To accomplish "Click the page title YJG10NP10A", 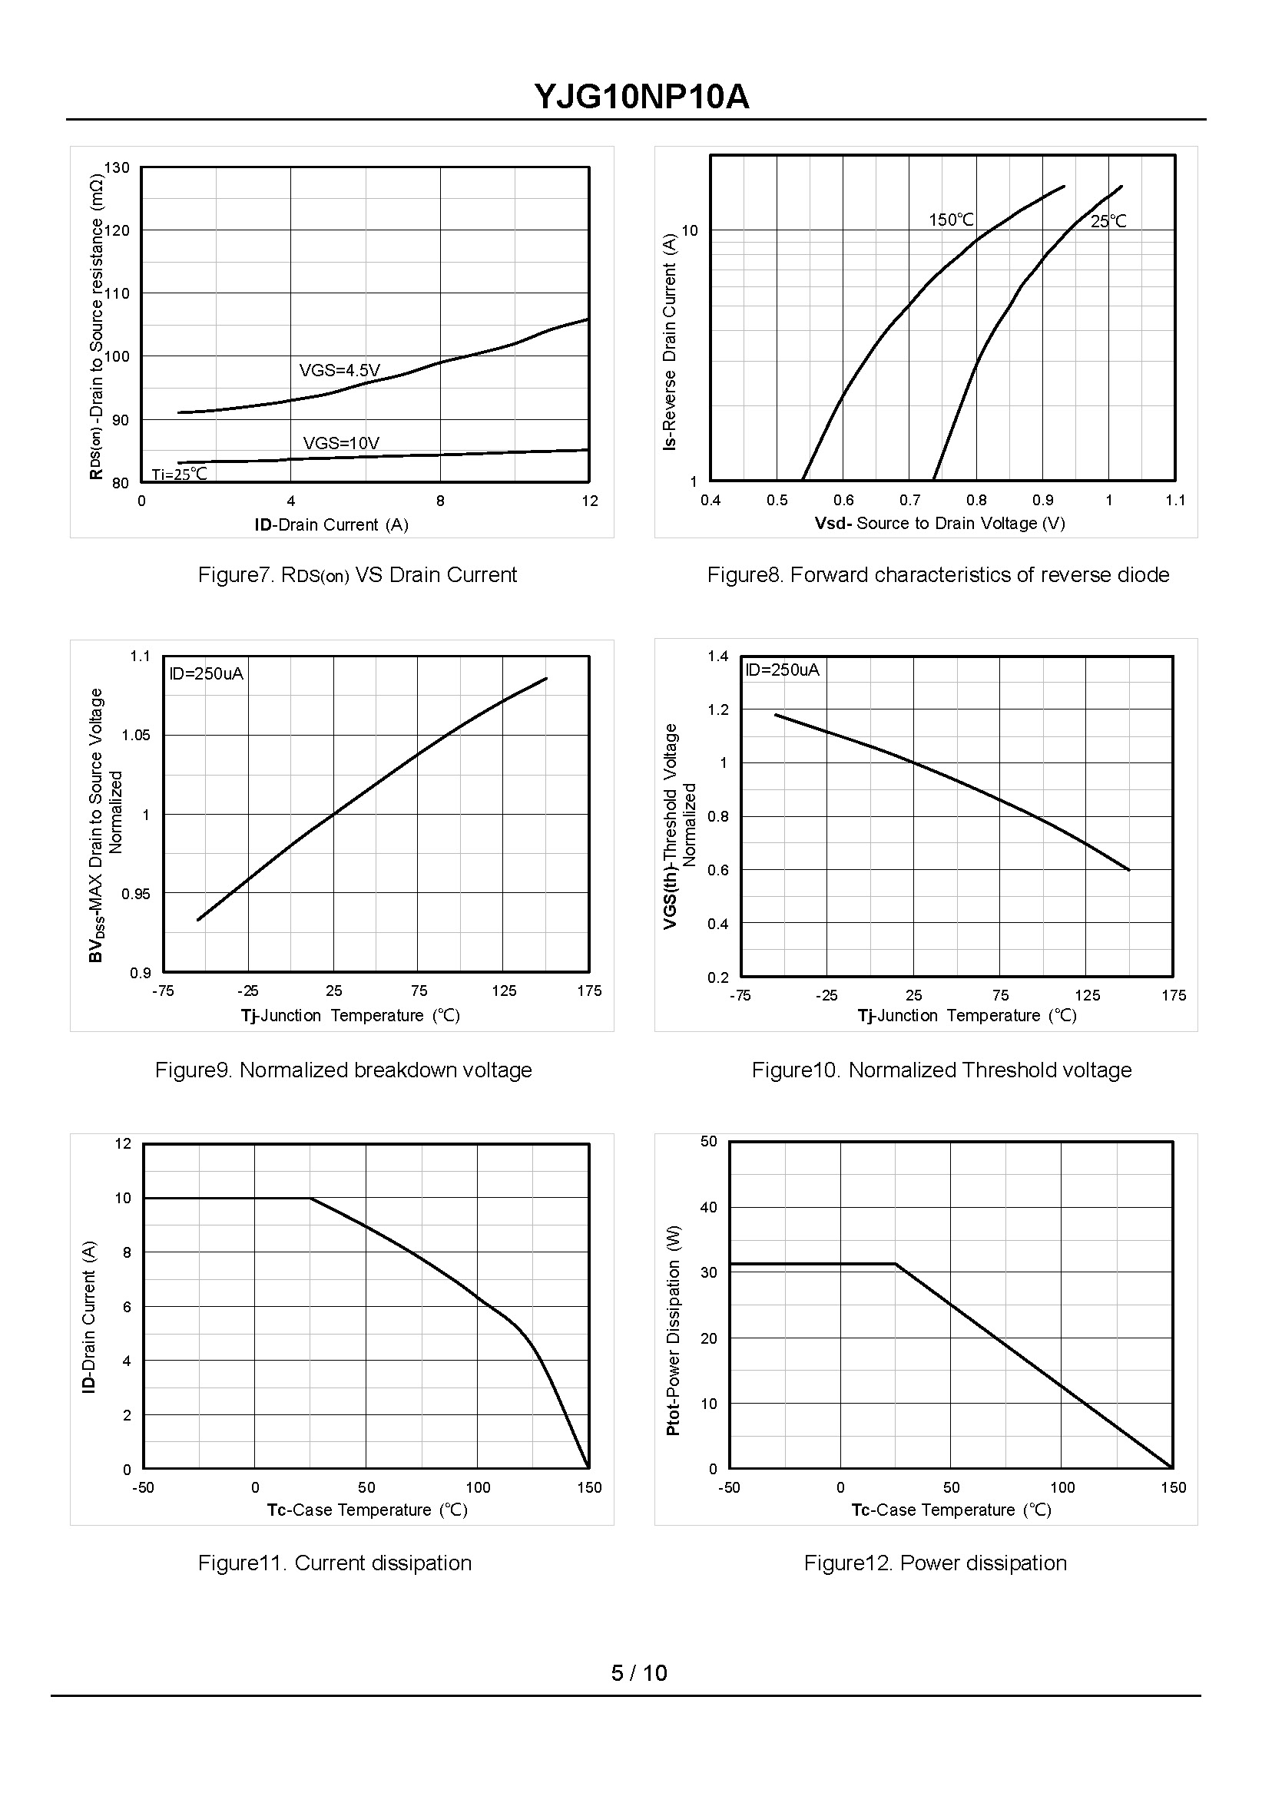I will [641, 97].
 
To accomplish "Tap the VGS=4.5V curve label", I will [340, 370].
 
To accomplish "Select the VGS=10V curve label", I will [341, 443].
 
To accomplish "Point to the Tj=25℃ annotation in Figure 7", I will [180, 475].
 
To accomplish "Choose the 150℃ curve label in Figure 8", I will [951, 220].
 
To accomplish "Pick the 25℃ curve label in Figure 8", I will [1108, 222].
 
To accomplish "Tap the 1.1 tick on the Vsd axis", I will [1175, 501].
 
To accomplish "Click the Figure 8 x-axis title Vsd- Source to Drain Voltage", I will [939, 523].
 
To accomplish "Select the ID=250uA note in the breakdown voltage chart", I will [207, 673].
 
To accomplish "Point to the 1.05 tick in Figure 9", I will [135, 735].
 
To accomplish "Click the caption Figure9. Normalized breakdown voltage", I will [343, 1070].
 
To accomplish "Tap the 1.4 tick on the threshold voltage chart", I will [718, 656].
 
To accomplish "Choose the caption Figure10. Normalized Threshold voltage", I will [942, 1070].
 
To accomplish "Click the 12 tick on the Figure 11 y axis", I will [123, 1144].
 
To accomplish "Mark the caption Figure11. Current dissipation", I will [334, 1563].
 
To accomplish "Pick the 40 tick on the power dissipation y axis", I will [708, 1207].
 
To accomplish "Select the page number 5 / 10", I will [639, 1673].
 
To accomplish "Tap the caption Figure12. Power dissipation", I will [936, 1563].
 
